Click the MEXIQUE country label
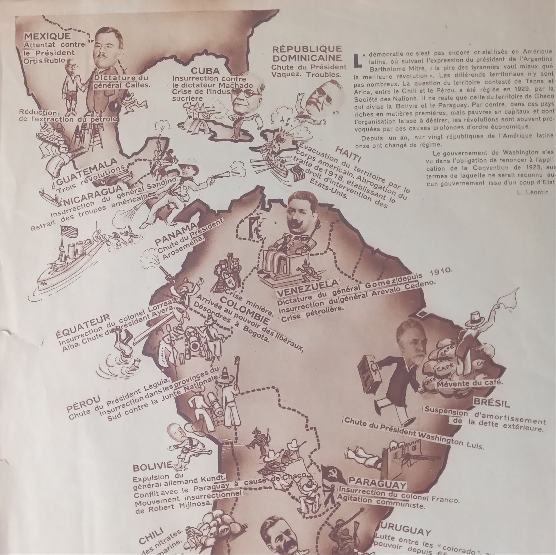(47, 36)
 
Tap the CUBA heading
(205, 71)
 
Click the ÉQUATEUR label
(82, 326)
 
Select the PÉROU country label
(83, 403)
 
